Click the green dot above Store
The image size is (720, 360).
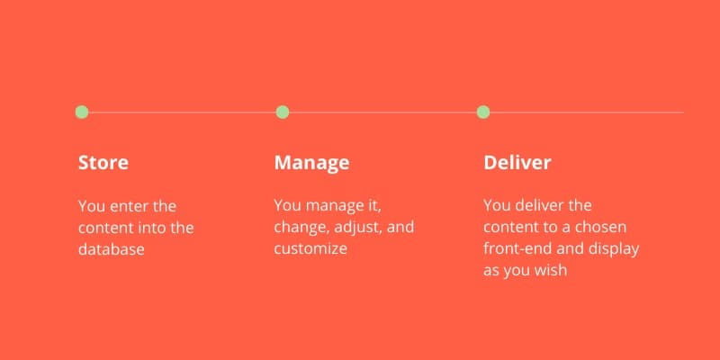click(x=82, y=112)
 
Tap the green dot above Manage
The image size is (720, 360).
click(x=283, y=112)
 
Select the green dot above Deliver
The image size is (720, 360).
click(x=483, y=112)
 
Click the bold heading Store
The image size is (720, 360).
click(x=103, y=163)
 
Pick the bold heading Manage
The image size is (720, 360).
click(x=311, y=163)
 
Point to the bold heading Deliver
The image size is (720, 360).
click(x=517, y=163)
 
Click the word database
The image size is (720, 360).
click(x=112, y=249)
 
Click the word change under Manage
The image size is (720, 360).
click(x=302, y=228)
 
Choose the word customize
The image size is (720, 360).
click(x=310, y=249)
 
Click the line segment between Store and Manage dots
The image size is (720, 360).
click(x=183, y=112)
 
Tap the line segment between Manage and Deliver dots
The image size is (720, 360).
click(x=383, y=112)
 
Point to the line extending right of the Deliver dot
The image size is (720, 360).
click(x=587, y=112)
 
